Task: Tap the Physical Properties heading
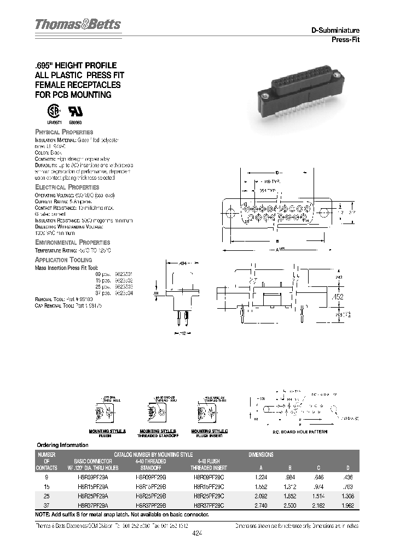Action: [x=64, y=132]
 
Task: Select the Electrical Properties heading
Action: [x=67, y=187]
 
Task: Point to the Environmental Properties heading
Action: [x=72, y=242]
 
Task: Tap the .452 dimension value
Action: [x=338, y=296]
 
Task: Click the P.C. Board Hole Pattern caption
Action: [x=300, y=432]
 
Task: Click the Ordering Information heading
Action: [x=62, y=445]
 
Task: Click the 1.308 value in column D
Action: [x=347, y=496]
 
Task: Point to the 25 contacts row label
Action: [x=46, y=496]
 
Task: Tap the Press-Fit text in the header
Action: [x=345, y=39]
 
